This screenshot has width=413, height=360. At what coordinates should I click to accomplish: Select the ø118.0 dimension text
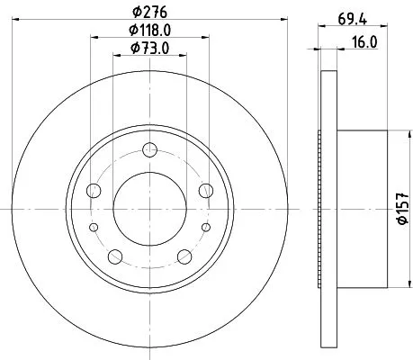(151, 32)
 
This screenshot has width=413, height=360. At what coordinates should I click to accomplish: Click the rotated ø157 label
(402, 210)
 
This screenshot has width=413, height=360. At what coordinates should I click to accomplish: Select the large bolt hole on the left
(94, 190)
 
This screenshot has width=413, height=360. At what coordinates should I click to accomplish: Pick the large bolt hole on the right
(207, 190)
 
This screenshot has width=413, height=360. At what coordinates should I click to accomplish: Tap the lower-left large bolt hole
(115, 256)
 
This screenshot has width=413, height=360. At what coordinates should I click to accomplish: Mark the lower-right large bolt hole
(185, 256)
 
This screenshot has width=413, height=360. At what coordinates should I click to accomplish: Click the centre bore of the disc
(150, 209)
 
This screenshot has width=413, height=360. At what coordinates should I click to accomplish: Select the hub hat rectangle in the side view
(359, 209)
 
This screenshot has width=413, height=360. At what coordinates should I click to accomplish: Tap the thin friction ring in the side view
(325, 209)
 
